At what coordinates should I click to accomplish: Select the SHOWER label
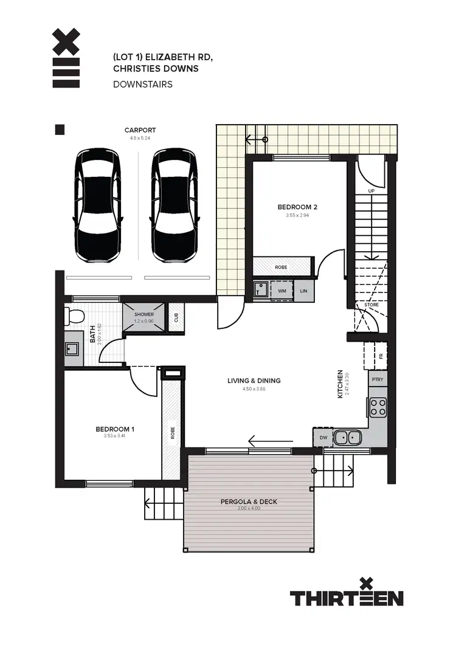pyautogui.click(x=144, y=314)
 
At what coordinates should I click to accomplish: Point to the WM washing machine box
pyautogui.click(x=282, y=291)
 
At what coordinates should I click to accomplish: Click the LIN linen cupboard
pyautogui.click(x=303, y=291)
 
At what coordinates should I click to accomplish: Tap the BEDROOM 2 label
pyautogui.click(x=297, y=207)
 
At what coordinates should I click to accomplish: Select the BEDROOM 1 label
pyautogui.click(x=115, y=429)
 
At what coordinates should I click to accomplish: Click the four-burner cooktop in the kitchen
pyautogui.click(x=378, y=406)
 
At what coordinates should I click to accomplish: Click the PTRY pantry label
pyautogui.click(x=377, y=379)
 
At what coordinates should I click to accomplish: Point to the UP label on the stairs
pyautogui.click(x=371, y=191)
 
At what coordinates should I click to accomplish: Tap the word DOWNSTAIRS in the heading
pyautogui.click(x=142, y=84)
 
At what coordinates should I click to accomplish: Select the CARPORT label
pyautogui.click(x=140, y=130)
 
